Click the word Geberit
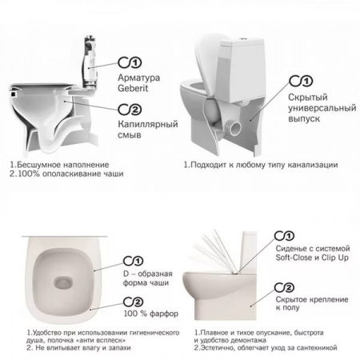click(133, 88)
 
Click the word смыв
click(130, 135)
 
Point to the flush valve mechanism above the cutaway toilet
click(90, 63)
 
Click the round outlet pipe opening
click(234, 128)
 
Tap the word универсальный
click(322, 108)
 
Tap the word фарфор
click(164, 314)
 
